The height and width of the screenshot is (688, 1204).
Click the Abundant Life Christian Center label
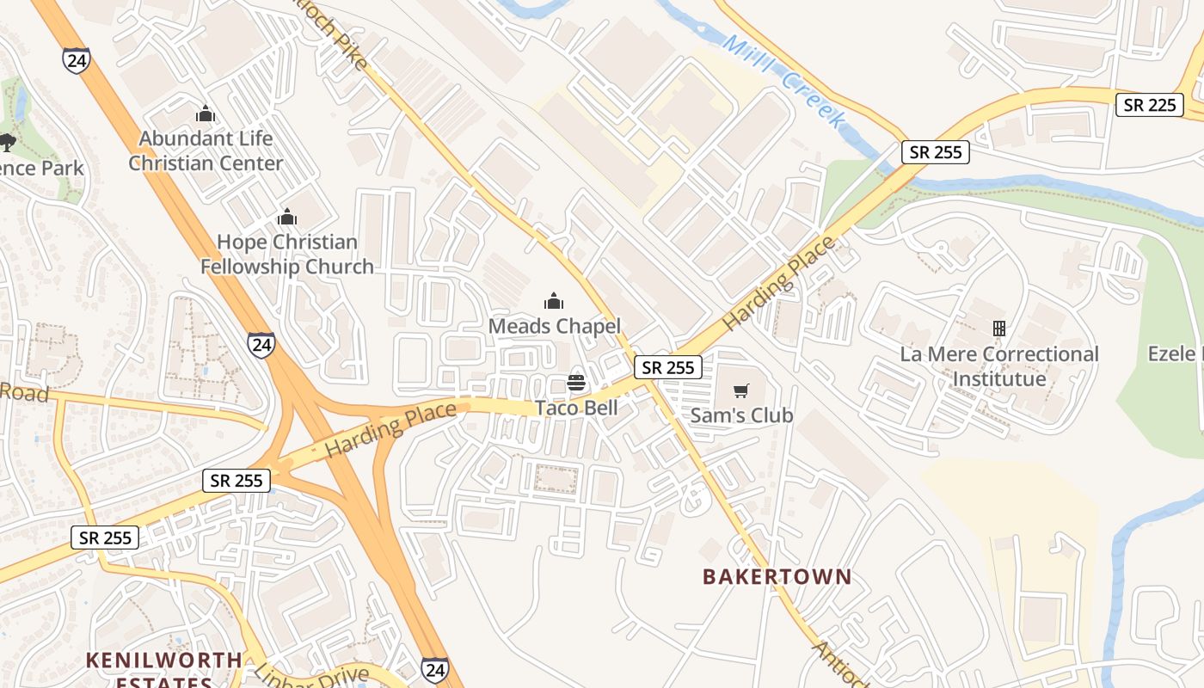[x=206, y=150]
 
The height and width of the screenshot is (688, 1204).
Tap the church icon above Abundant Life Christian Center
[x=205, y=114]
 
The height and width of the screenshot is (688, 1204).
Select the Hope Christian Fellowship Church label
[x=287, y=255]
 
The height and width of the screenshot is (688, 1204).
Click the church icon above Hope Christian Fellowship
[x=287, y=217]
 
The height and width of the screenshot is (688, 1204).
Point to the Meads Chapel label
[x=554, y=326]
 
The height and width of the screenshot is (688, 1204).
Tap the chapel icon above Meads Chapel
[x=554, y=301]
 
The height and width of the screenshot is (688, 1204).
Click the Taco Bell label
[x=576, y=408]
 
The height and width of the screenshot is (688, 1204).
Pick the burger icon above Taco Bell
[x=576, y=383]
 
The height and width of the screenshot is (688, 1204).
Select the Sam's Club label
[x=741, y=415]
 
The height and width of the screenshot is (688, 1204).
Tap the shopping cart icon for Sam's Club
[x=741, y=390]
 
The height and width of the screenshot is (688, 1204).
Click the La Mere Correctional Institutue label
[x=999, y=366]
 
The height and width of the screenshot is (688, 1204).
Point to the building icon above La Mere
[x=999, y=329]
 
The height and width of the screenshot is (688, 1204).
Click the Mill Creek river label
[x=783, y=82]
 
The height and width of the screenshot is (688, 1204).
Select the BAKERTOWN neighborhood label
[x=777, y=576]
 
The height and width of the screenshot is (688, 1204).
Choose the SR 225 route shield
[x=1150, y=105]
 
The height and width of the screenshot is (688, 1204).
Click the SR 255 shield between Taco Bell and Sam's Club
[x=668, y=367]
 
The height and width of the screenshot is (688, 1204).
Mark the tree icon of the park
[x=7, y=142]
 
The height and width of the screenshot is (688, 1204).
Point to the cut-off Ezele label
[x=1175, y=353]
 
